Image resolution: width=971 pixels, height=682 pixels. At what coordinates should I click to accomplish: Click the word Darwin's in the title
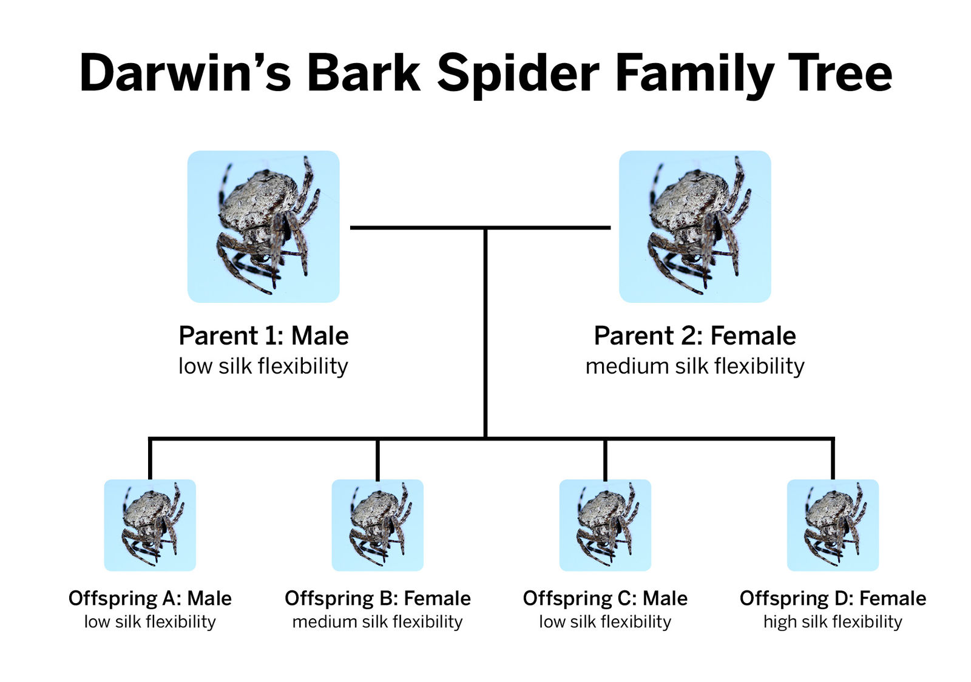click(x=185, y=72)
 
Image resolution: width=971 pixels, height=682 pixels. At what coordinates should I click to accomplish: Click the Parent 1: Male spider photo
click(x=263, y=226)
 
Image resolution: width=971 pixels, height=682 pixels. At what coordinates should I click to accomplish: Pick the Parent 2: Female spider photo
click(x=695, y=226)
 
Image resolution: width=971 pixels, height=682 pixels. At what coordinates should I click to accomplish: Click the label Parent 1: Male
click(x=263, y=336)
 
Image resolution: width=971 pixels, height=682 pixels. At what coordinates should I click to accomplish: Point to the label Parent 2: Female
click(x=695, y=336)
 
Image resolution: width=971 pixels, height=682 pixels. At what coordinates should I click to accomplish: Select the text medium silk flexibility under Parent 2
click(x=695, y=366)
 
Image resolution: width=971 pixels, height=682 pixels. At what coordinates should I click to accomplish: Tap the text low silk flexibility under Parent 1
click(x=263, y=366)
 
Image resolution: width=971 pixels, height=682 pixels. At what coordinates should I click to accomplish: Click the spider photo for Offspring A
click(x=150, y=525)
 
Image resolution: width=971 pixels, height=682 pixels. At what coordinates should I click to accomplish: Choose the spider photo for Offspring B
click(x=377, y=525)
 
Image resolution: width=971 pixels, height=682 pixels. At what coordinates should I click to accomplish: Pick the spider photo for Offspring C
click(x=605, y=525)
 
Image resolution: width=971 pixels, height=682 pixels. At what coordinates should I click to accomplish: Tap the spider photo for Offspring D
click(x=833, y=525)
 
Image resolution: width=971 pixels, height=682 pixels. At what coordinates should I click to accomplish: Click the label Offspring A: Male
click(x=150, y=598)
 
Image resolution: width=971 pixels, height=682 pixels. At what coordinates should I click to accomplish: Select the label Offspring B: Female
click(x=377, y=598)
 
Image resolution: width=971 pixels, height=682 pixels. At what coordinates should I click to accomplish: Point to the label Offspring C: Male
click(x=605, y=598)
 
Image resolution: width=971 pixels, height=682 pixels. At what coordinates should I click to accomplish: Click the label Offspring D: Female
click(x=833, y=598)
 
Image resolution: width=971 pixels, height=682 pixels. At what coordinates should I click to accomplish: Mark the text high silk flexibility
click(x=833, y=622)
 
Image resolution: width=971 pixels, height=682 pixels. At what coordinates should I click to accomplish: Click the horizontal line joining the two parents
click(x=480, y=228)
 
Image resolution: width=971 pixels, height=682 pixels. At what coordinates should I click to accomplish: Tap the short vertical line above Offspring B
click(x=377, y=460)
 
